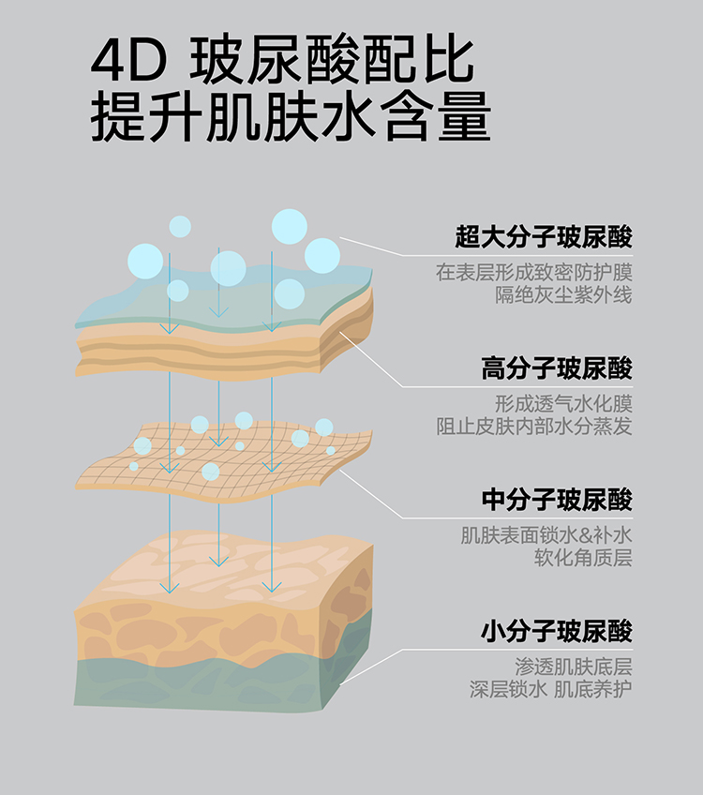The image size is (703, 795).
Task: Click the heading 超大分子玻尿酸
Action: coord(544,236)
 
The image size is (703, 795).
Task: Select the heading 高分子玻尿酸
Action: coord(557,367)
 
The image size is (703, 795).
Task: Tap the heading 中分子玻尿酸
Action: coord(557,499)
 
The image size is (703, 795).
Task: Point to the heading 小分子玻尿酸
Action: coord(557,630)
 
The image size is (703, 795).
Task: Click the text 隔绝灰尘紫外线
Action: coord(563,295)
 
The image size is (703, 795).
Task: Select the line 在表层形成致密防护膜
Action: coord(533,273)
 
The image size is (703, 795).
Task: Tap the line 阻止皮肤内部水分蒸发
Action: coord(533,427)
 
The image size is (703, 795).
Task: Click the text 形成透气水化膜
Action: coord(563,404)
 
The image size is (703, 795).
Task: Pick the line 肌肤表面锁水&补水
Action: coord(546,536)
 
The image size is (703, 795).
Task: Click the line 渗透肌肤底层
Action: coord(573,667)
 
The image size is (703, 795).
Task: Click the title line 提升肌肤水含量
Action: coord(291,118)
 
